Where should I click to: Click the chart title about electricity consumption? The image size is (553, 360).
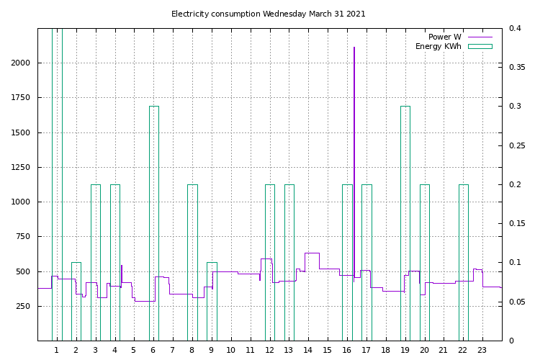tap(268, 14)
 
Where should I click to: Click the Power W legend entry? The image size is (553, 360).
tap(445, 37)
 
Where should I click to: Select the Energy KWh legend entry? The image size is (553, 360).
tap(439, 46)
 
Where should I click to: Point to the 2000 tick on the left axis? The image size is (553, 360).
tap(21, 63)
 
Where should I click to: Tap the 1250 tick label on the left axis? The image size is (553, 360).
tap(21, 168)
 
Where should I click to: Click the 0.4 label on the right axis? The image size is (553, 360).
tap(515, 29)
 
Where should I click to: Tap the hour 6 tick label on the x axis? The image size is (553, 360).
tap(153, 351)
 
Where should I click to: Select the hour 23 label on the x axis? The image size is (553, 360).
tap(482, 351)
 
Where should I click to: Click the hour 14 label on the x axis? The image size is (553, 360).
tap(307, 351)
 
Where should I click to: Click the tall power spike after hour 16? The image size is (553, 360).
tap(354, 108)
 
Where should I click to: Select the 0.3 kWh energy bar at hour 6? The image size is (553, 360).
tap(153, 216)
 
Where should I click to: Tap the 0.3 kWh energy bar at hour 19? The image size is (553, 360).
tap(405, 216)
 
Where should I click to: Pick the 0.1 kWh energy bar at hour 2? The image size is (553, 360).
tap(76, 302)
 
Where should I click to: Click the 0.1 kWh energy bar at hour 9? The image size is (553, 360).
tap(212, 302)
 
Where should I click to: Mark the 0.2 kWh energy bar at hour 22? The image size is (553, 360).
tap(463, 259)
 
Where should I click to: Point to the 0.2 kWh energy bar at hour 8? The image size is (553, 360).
tap(192, 259)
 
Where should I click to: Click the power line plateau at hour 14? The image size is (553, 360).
tap(312, 253)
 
